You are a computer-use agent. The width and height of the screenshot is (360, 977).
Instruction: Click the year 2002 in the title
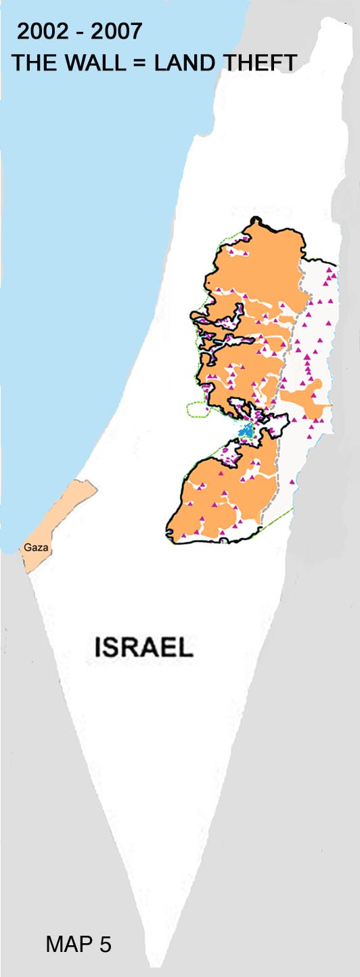point(42,32)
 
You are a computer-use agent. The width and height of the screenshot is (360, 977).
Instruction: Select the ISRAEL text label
point(144,647)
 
